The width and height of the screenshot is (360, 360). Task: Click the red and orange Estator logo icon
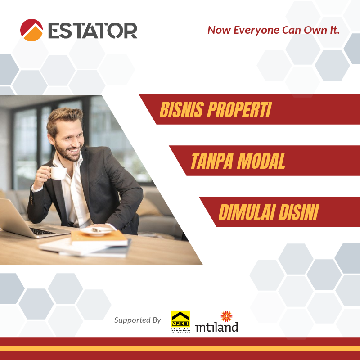(x=31, y=30)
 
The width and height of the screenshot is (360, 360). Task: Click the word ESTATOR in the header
(x=92, y=31)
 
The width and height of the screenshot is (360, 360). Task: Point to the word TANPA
(x=211, y=161)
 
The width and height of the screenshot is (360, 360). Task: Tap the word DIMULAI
(x=246, y=212)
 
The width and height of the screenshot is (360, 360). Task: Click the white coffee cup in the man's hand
(x=58, y=173)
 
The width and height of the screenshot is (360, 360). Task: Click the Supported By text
(x=137, y=320)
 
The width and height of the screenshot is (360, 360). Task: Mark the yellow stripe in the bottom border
(x=180, y=349)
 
